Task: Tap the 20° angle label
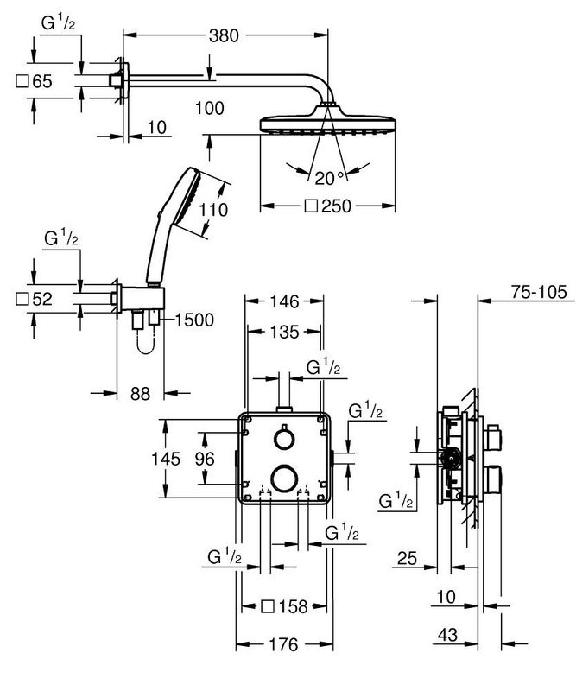(329, 178)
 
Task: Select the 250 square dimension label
(332, 206)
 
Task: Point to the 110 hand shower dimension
(213, 210)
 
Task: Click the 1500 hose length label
(194, 320)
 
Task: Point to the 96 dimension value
(204, 459)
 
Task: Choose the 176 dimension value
(282, 645)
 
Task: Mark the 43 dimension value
(446, 635)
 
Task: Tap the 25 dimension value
(408, 560)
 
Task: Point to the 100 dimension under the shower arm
(209, 107)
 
